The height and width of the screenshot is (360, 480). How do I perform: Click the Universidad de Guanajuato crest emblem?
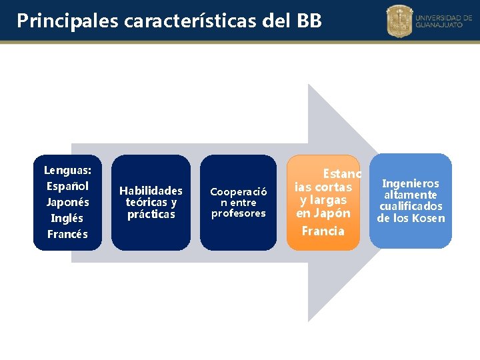[x=400, y=21]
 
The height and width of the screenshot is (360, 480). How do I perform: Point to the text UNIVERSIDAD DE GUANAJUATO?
[x=443, y=21]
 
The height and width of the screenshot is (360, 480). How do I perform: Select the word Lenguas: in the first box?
[x=67, y=170]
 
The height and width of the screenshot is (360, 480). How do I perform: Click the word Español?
[x=67, y=186]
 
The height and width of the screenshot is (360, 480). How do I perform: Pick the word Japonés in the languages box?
[x=67, y=202]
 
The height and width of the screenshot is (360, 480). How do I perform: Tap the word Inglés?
[x=67, y=218]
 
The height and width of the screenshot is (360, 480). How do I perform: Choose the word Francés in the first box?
[x=67, y=234]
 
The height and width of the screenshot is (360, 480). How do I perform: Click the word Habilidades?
[x=151, y=191]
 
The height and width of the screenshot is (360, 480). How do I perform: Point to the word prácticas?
[x=151, y=214]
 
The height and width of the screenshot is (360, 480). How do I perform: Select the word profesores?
[x=239, y=213]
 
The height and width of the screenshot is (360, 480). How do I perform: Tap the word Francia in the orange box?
[x=323, y=231]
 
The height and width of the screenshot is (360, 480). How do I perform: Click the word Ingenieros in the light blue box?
[x=411, y=183]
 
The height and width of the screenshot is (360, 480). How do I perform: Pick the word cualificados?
[x=411, y=206]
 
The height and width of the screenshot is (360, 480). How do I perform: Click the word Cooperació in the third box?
[x=239, y=191]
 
